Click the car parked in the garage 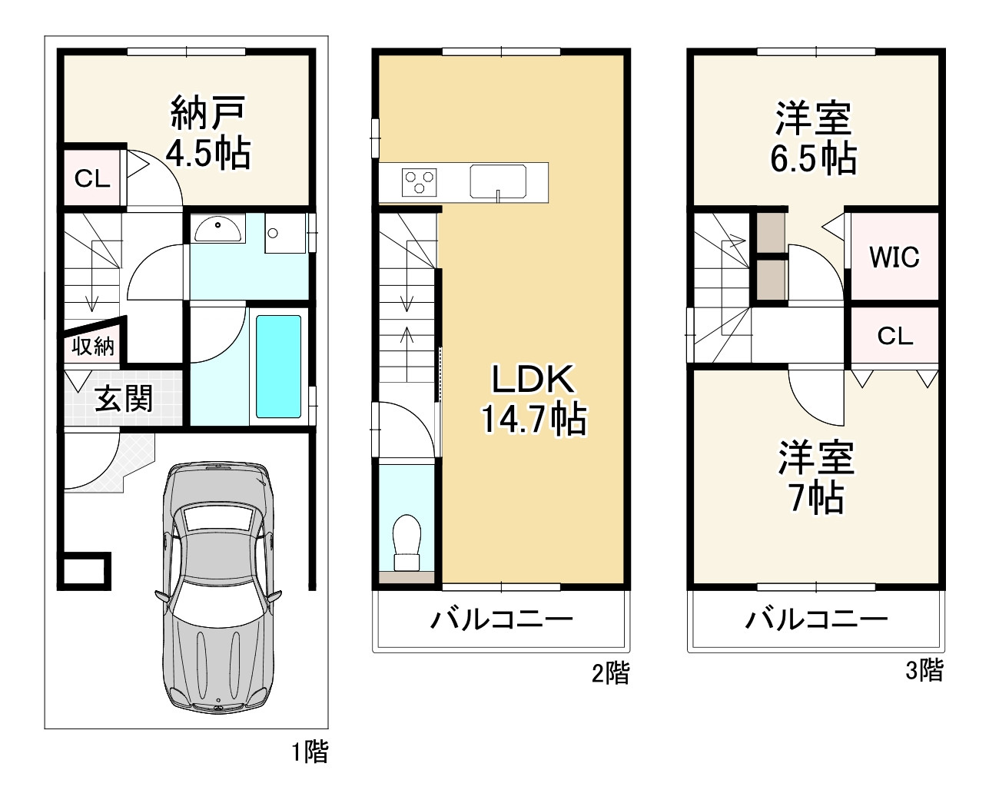[x=217, y=586]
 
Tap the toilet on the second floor [x=407, y=543]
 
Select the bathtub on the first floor [x=279, y=367]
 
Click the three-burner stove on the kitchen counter [x=420, y=182]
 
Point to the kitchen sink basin [x=498, y=181]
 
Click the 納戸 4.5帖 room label [x=208, y=132]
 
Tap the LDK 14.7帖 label [x=533, y=400]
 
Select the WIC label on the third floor [x=894, y=257]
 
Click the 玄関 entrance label [x=124, y=398]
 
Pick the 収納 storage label [x=93, y=346]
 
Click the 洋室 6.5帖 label [x=814, y=138]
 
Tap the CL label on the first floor [x=92, y=178]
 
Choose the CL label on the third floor [x=895, y=336]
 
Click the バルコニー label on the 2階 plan [x=502, y=620]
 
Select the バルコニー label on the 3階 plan [x=816, y=620]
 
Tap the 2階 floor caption [x=611, y=672]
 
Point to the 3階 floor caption [x=925, y=670]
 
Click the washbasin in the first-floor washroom [x=217, y=228]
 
